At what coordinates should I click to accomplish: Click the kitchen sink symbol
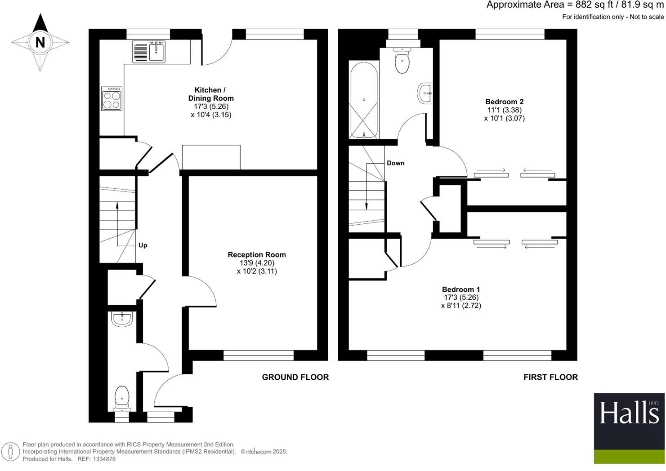click(149, 51)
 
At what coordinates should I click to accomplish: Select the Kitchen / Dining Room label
click(211, 94)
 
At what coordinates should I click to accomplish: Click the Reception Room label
click(256, 255)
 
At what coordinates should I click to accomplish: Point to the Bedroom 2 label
click(504, 102)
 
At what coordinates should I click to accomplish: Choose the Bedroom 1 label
click(461, 289)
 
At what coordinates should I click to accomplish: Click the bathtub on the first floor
click(364, 100)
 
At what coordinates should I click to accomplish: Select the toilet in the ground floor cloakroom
click(122, 398)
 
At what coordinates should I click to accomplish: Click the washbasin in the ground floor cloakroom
click(121, 319)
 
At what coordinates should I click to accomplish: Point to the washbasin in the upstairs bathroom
click(425, 93)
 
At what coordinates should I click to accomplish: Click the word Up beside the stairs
click(143, 245)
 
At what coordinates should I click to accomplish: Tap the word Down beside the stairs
click(395, 163)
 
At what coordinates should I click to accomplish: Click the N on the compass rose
click(40, 42)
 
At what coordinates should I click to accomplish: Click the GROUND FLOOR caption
click(295, 377)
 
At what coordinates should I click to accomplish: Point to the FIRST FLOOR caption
click(550, 377)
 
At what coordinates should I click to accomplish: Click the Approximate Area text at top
click(575, 5)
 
